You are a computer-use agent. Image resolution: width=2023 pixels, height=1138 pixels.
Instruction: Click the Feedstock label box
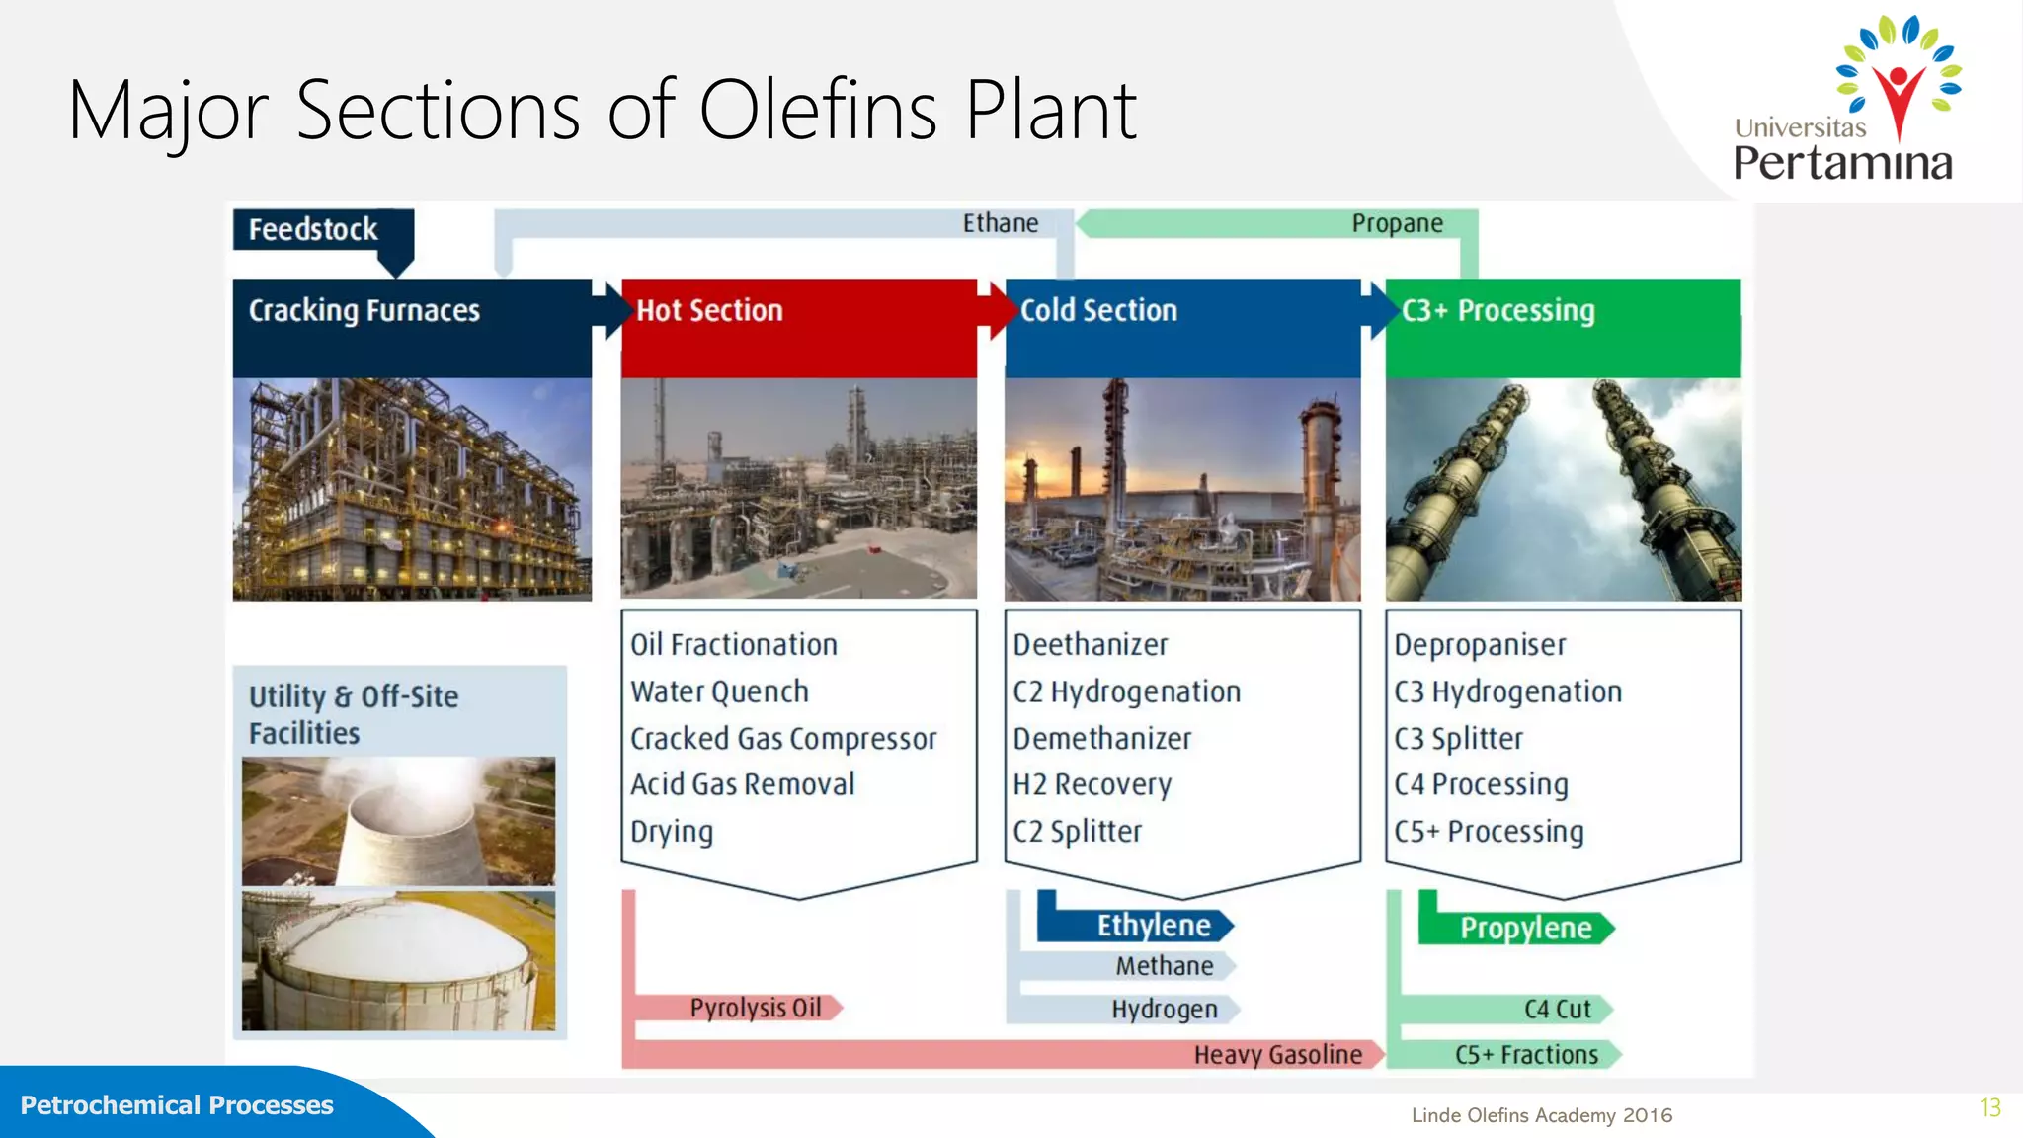(x=314, y=230)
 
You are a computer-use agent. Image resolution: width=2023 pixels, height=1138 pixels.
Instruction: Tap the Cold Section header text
(x=1098, y=311)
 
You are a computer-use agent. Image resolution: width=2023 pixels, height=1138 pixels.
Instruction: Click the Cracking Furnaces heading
(x=364, y=311)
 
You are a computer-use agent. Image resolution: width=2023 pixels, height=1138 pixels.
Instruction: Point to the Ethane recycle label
(x=1000, y=224)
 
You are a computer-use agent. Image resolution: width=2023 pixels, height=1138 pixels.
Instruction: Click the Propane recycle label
(x=1397, y=224)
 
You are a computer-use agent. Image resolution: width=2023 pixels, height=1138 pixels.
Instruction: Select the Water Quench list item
(x=719, y=691)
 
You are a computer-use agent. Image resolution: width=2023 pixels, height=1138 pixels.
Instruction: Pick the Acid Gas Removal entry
(x=743, y=784)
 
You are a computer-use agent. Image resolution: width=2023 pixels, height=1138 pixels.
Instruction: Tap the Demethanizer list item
(x=1102, y=738)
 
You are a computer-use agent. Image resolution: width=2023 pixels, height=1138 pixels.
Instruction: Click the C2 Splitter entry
(x=1077, y=832)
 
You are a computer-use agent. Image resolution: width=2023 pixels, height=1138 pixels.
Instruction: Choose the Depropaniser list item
(x=1480, y=645)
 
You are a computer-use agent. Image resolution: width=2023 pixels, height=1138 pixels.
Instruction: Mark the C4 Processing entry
(x=1481, y=784)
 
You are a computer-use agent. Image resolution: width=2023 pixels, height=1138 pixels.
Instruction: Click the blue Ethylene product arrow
(x=1153, y=926)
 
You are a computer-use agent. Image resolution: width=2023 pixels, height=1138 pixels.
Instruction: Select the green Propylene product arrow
(x=1525, y=929)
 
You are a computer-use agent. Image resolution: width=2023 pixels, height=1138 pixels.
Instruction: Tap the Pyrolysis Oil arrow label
(x=756, y=1008)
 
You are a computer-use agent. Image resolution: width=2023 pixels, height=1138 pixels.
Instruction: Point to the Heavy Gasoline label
(x=1277, y=1055)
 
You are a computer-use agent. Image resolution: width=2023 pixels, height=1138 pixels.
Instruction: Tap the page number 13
(x=1989, y=1108)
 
